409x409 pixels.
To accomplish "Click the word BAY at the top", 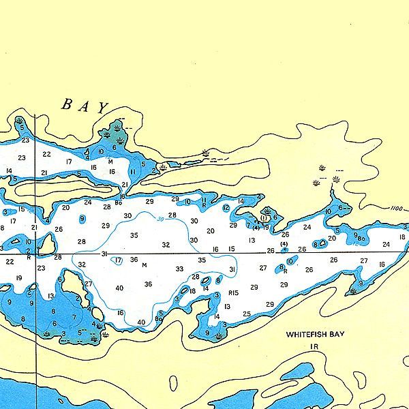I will coord(86,106).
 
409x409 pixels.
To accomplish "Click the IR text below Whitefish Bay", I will coord(314,347).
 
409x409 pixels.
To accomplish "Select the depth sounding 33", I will coord(179,269).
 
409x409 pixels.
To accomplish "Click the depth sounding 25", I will coord(246,314).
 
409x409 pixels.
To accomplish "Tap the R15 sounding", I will coord(234,292).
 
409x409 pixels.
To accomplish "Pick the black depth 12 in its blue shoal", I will coord(226,208).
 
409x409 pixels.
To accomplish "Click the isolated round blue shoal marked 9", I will coord(82,219).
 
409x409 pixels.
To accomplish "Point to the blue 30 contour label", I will coord(160,219).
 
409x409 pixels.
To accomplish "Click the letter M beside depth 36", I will coord(145,265).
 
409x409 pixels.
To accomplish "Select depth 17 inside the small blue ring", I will coord(118,260).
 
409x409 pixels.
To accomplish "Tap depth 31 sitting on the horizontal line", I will coord(105,254).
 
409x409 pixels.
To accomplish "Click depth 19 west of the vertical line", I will coord(18,277).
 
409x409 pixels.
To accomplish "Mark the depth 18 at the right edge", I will coord(402,237).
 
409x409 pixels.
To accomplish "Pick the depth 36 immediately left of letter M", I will coord(134,260).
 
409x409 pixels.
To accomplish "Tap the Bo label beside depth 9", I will coord(361,239).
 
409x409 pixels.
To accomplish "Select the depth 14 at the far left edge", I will coord(9,171).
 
